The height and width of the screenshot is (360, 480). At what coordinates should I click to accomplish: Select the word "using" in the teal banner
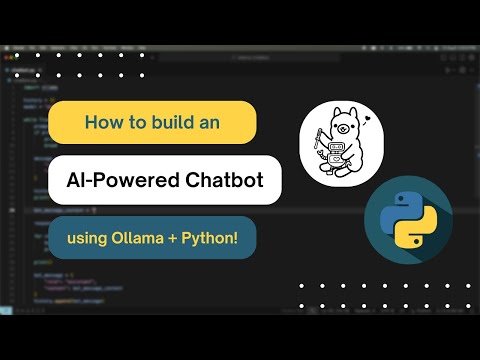[x=88, y=239]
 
